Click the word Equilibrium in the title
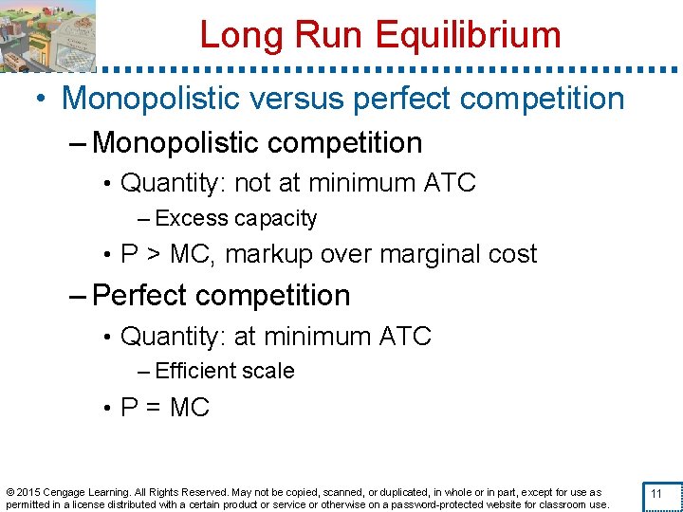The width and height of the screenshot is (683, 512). tap(469, 35)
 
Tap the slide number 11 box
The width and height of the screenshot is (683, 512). tap(655, 494)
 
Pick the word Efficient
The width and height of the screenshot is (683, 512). tap(200, 371)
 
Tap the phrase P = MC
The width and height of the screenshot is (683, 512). tap(165, 408)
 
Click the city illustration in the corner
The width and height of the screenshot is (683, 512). tap(48, 35)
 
